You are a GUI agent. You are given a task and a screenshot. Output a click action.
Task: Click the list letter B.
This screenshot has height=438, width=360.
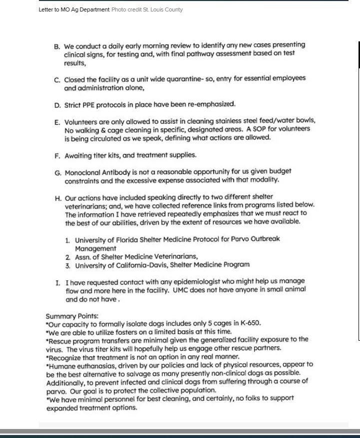tap(57, 46)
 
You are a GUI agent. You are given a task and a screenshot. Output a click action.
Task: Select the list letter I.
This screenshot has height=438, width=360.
tap(57, 283)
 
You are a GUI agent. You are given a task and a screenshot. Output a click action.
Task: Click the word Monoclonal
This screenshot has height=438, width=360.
tap(83, 172)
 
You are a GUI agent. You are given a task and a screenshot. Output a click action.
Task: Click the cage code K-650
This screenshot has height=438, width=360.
tap(250, 323)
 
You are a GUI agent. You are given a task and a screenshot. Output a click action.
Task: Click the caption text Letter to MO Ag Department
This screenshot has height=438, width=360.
tap(74, 9)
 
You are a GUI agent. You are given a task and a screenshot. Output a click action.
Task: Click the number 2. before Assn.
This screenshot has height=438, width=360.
tap(68, 257)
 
